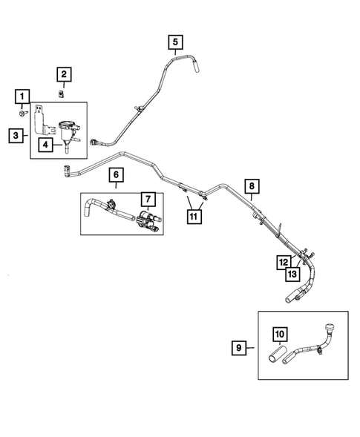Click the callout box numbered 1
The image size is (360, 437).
point(23,96)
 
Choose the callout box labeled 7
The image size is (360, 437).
point(148,199)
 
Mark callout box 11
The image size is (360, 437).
point(193,217)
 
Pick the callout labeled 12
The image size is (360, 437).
point(284,262)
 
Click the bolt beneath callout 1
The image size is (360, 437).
point(22,114)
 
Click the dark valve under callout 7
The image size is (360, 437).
point(146,220)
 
